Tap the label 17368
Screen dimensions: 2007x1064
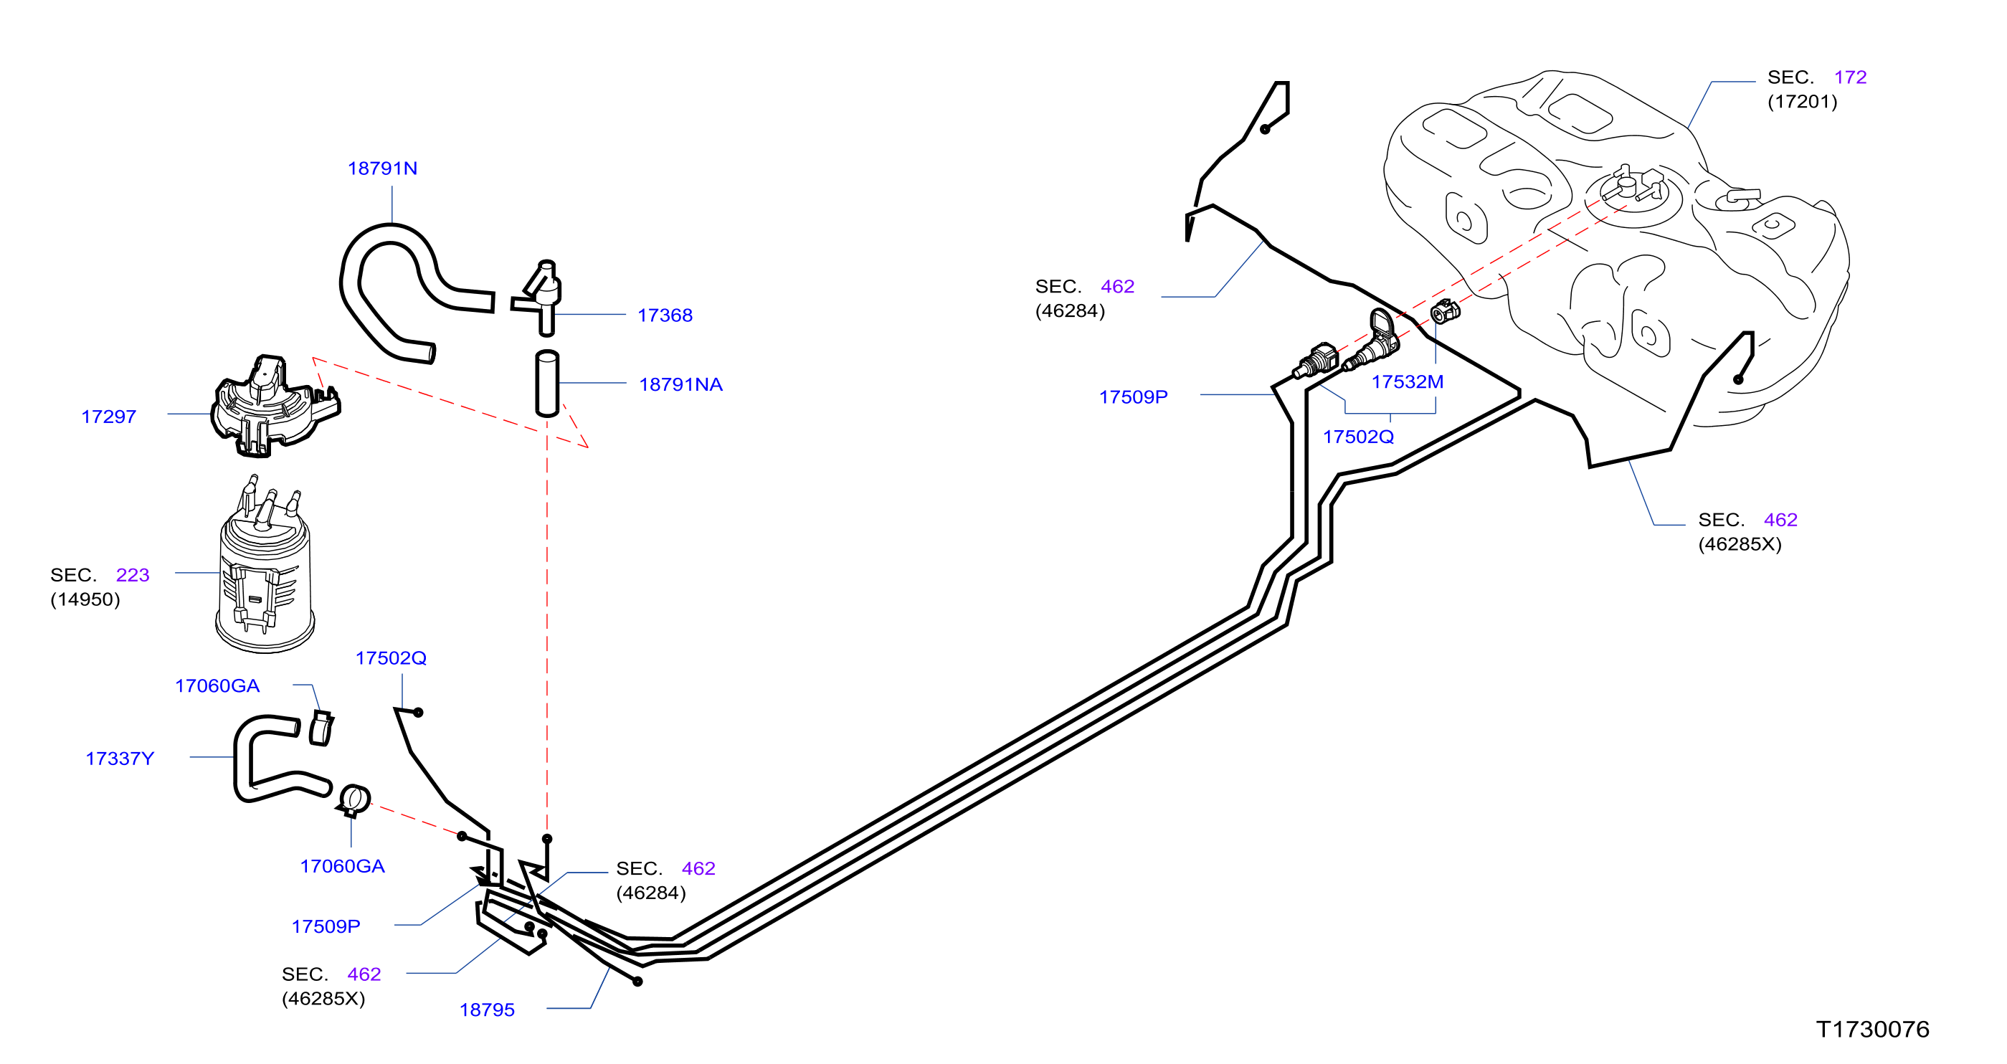(x=665, y=315)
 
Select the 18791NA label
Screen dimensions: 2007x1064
(x=680, y=385)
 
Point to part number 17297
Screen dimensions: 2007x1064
(x=108, y=417)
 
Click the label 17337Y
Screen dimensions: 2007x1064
(x=119, y=759)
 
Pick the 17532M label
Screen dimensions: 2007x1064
(x=1407, y=381)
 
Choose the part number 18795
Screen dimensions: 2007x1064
(x=487, y=1010)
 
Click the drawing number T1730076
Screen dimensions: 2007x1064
(x=1873, y=1030)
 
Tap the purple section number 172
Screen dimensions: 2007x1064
(x=1851, y=77)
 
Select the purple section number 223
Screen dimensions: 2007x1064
(x=133, y=575)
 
